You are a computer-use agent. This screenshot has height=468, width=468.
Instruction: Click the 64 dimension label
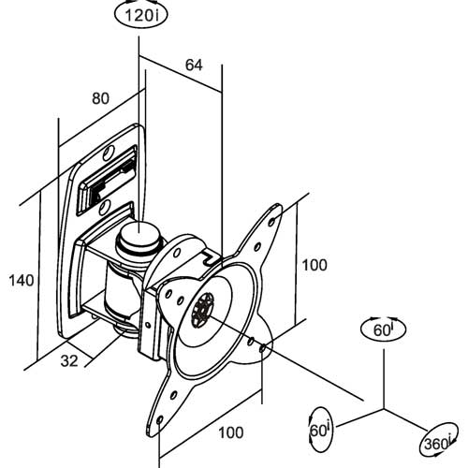(194, 66)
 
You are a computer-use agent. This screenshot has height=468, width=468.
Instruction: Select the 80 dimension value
(100, 98)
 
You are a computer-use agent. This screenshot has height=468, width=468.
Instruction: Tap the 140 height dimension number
(22, 281)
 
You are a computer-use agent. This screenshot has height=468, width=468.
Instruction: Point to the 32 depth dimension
(69, 361)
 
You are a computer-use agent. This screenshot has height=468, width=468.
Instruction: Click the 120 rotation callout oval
(141, 15)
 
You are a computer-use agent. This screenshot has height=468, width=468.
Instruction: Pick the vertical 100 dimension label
(314, 265)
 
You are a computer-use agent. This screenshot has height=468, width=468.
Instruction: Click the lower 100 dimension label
(231, 432)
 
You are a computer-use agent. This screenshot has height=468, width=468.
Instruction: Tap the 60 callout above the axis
(383, 329)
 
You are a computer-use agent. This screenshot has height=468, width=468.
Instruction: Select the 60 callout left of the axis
(320, 430)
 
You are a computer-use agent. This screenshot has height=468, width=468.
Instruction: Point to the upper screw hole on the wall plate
(109, 154)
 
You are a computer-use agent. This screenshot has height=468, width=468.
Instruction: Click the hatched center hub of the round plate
(203, 310)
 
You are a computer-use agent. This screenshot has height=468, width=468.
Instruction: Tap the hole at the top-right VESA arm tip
(271, 221)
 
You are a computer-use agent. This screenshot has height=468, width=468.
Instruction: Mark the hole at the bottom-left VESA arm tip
(160, 420)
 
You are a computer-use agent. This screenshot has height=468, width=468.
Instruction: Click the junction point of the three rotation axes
(384, 409)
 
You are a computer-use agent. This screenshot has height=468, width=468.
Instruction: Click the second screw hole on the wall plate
(105, 207)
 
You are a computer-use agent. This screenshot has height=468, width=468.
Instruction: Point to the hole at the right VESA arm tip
(263, 347)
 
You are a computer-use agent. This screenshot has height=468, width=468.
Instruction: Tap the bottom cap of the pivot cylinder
(124, 330)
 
